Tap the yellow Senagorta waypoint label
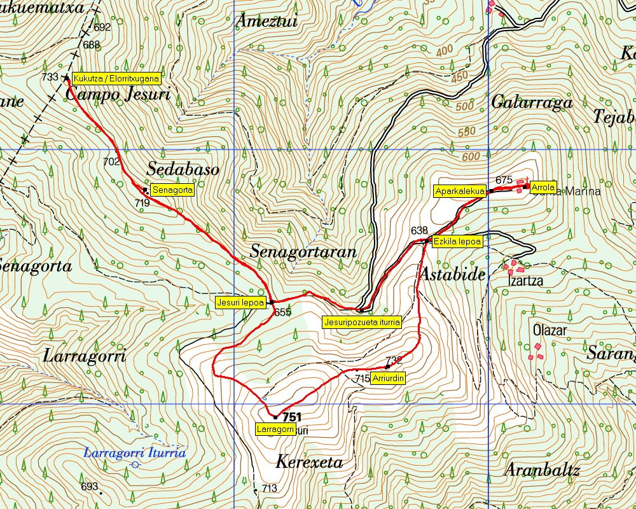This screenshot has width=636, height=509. pos(172,190)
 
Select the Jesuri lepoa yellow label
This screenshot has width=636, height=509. pos(240,302)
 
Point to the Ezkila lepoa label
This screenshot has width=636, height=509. pos(457,242)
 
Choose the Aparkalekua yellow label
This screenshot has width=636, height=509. pos(460,191)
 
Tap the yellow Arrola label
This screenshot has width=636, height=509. pos(543,187)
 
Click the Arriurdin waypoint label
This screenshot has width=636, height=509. pos(388,377)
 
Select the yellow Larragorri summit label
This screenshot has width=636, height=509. pos(275,429)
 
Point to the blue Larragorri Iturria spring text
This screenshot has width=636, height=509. pos(135,453)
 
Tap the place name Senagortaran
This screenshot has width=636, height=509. pos(303,251)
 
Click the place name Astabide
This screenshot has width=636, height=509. pos(452,274)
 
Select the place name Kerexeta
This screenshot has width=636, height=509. pos(310,461)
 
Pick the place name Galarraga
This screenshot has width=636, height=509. pos(532,102)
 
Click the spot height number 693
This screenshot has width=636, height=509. pos(90,487)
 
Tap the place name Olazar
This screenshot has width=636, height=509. pos(550,331)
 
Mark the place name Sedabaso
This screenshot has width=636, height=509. pos(183,169)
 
